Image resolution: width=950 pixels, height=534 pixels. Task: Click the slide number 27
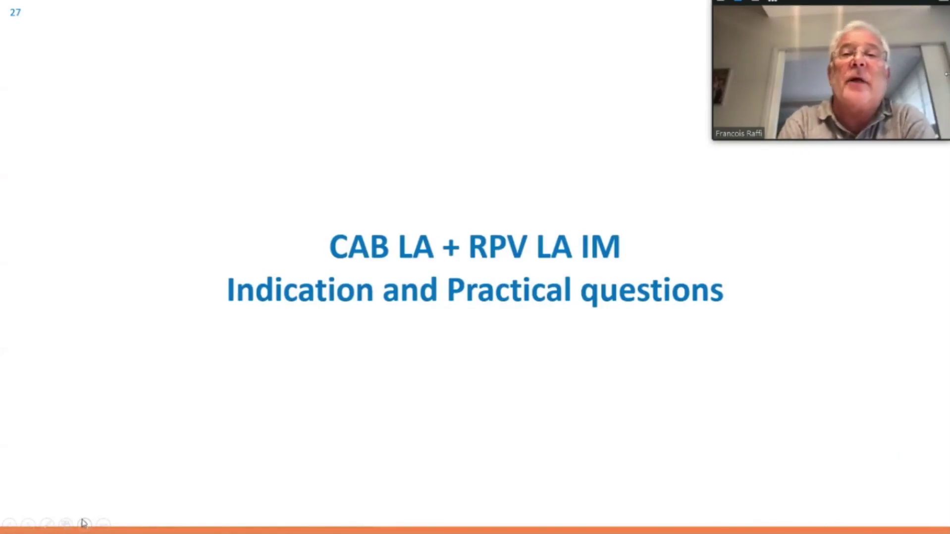(x=15, y=12)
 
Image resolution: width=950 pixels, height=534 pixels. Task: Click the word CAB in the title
(x=359, y=247)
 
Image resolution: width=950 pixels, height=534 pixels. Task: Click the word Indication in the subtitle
(x=300, y=290)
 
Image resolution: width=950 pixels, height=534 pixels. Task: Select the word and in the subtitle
(x=410, y=290)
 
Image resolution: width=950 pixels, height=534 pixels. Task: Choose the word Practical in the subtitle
(x=509, y=290)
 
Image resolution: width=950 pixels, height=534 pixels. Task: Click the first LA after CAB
(x=416, y=247)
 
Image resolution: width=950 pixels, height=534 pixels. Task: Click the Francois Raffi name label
(x=739, y=133)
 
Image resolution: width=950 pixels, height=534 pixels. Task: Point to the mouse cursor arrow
(x=84, y=524)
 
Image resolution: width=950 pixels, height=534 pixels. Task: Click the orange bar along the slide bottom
(x=475, y=530)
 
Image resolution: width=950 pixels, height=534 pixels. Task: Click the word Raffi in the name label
(x=753, y=133)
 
